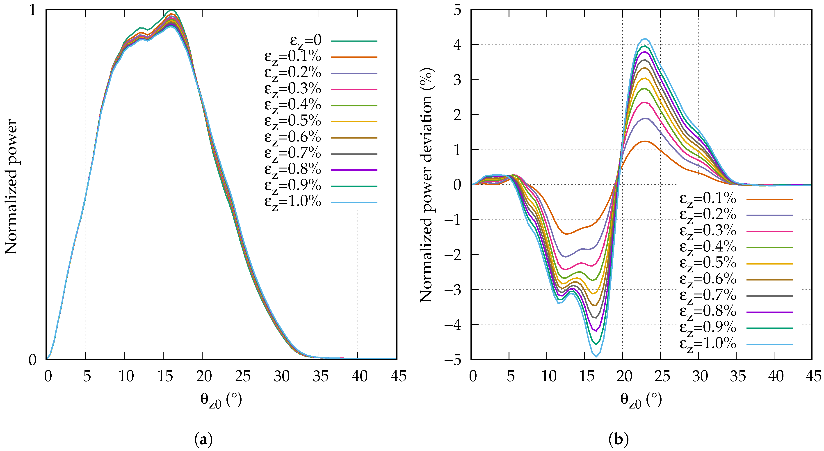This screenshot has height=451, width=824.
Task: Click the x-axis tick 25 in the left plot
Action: click(x=242, y=376)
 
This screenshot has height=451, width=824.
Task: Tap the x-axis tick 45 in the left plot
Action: click(x=398, y=376)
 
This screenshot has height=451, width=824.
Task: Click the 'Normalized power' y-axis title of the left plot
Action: click(x=11, y=187)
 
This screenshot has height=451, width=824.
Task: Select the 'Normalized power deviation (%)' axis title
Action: click(x=426, y=185)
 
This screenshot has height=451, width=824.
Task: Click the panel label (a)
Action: click(x=203, y=440)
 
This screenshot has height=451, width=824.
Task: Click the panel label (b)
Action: click(x=618, y=440)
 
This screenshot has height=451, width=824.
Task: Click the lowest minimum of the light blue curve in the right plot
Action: click(x=596, y=357)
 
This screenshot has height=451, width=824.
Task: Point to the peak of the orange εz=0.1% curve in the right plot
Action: click(x=645, y=141)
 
